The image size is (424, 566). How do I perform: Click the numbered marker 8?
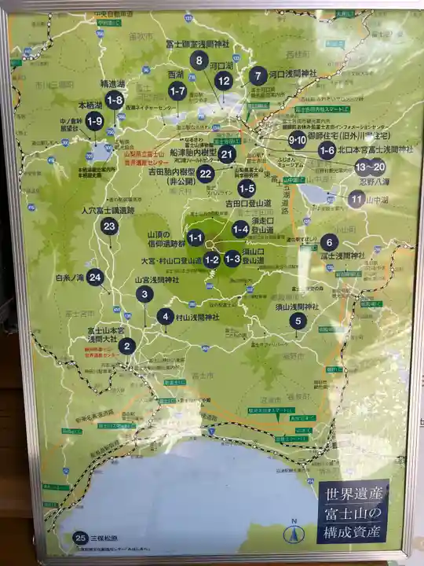click(x=199, y=61)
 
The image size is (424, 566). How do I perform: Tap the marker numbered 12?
click(x=224, y=79)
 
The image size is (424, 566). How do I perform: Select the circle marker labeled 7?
click(x=258, y=76)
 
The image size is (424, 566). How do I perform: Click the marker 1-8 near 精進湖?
click(x=115, y=99)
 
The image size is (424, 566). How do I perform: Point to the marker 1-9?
click(x=94, y=120)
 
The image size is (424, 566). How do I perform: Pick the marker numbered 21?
click(x=227, y=154)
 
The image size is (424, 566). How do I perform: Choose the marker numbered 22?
click(x=206, y=174)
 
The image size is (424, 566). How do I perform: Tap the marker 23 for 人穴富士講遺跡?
click(x=110, y=226)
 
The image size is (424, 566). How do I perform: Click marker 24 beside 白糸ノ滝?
click(x=95, y=277)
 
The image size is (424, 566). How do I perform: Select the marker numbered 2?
click(x=128, y=345)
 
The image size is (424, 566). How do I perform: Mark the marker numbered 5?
click(x=297, y=321)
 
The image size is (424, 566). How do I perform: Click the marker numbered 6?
click(x=330, y=242)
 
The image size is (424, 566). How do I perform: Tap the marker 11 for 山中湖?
click(x=356, y=198)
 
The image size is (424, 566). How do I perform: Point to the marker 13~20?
click(x=370, y=166)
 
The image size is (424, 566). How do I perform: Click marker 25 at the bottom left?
click(x=79, y=538)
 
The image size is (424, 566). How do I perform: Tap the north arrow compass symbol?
click(x=294, y=532)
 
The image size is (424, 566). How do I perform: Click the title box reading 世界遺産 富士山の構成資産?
click(x=353, y=512)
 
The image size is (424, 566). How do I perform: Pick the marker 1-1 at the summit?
click(x=196, y=237)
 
